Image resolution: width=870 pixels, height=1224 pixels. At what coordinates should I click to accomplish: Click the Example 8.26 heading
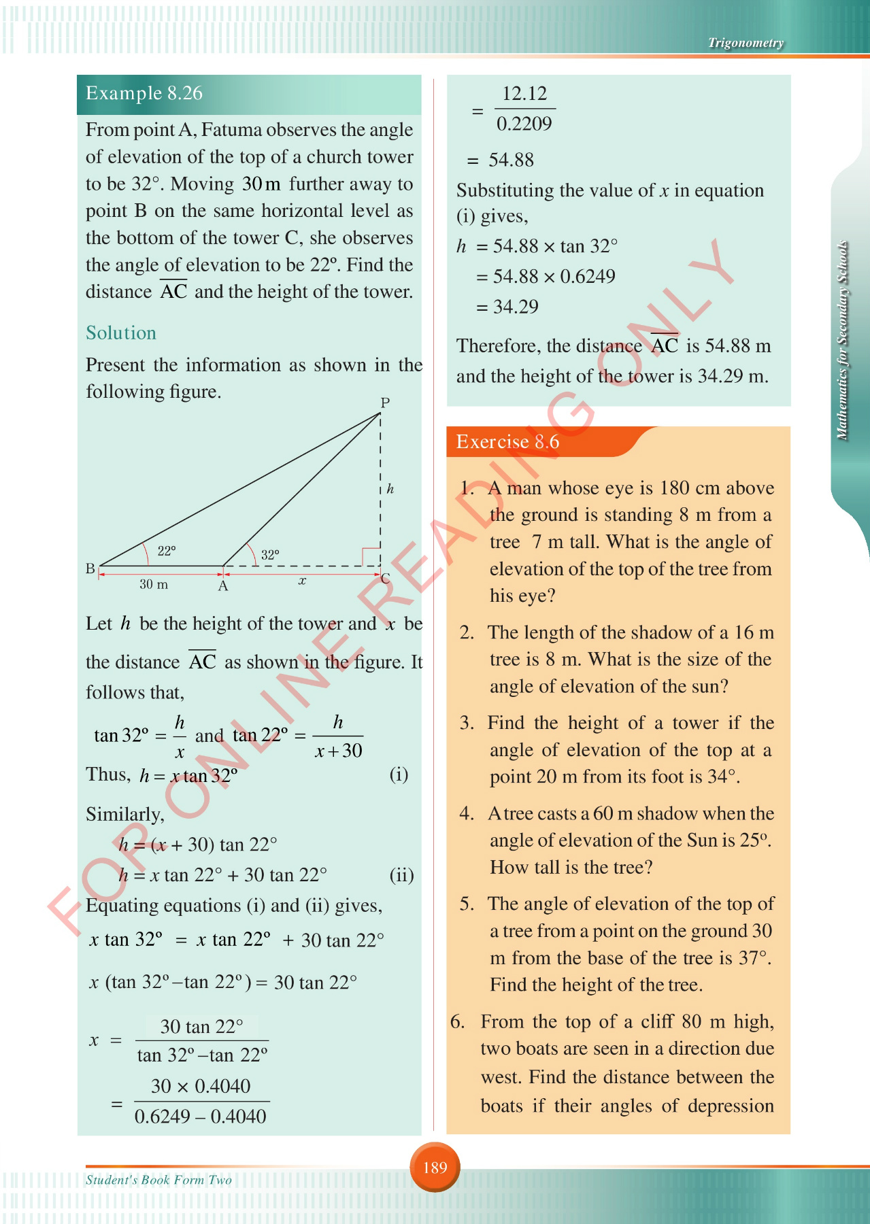[x=144, y=93]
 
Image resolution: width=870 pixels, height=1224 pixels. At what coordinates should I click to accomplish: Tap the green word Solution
[x=121, y=333]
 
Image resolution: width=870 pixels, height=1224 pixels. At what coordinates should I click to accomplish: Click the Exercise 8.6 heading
[x=507, y=442]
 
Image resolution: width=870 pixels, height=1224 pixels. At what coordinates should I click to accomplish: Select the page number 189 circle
[x=435, y=1168]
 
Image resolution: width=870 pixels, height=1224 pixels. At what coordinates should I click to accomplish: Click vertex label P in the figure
[x=385, y=403]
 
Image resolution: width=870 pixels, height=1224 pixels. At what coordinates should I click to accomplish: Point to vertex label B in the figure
[x=90, y=568]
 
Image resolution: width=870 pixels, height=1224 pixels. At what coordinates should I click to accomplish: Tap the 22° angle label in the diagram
[x=167, y=551]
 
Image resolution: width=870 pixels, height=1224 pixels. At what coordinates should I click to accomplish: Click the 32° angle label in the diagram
[x=270, y=555]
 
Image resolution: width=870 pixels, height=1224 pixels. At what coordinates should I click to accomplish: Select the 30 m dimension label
[x=154, y=584]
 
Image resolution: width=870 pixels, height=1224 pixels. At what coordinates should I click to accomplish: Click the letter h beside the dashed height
[x=390, y=488]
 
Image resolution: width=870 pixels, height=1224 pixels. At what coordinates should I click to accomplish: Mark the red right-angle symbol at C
[x=371, y=556]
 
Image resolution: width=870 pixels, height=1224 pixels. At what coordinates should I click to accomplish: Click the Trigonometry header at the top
[x=746, y=43]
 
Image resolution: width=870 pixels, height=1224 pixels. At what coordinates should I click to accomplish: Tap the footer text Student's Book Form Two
[x=158, y=1180]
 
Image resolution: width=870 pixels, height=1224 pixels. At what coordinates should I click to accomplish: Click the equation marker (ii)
[x=401, y=874]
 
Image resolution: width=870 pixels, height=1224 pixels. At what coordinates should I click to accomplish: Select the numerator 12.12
[x=524, y=93]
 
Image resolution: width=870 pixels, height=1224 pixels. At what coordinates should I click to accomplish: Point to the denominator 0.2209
[x=524, y=124]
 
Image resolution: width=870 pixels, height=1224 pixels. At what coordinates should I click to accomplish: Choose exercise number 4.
[x=467, y=813]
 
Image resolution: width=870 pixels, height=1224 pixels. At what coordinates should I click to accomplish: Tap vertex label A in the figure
[x=222, y=585]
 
